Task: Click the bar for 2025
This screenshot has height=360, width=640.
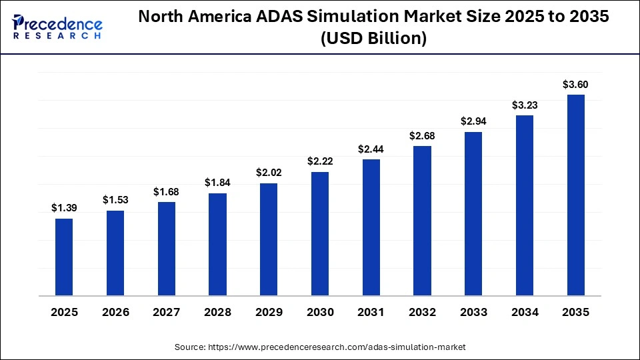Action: (64, 257)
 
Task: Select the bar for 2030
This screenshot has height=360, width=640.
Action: (320, 233)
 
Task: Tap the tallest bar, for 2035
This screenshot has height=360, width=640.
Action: (575, 195)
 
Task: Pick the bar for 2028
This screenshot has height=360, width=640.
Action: (217, 244)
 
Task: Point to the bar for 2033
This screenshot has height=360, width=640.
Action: (473, 213)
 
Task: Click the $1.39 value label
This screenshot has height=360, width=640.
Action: (64, 208)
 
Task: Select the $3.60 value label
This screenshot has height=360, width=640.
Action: (575, 84)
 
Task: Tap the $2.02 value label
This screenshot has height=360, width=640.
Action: (269, 173)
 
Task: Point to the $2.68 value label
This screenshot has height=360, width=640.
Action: (422, 135)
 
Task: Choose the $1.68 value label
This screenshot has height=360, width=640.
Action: (166, 191)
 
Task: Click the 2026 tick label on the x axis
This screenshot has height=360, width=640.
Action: (115, 313)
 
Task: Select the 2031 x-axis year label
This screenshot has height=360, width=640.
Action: (371, 313)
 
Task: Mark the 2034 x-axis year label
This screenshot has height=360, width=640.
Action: (525, 313)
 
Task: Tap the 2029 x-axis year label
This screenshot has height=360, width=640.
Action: (269, 313)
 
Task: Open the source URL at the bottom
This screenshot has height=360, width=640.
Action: (320, 347)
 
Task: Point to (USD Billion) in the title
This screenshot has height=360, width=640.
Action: (373, 39)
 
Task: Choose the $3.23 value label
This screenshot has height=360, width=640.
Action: (525, 105)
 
